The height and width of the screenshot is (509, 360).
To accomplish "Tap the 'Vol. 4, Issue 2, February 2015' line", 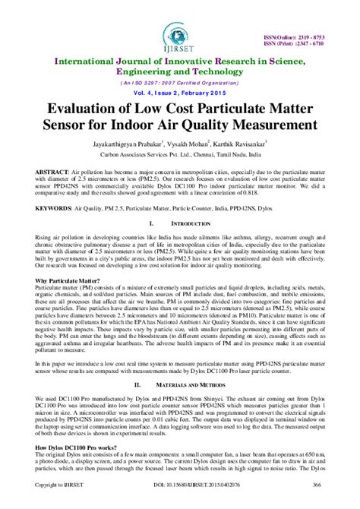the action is point(180,92).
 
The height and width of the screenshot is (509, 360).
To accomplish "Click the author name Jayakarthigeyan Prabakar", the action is point(126,142).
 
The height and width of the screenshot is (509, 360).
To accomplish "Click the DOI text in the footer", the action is point(180,503).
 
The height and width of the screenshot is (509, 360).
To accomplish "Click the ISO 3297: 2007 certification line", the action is point(180,81).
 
